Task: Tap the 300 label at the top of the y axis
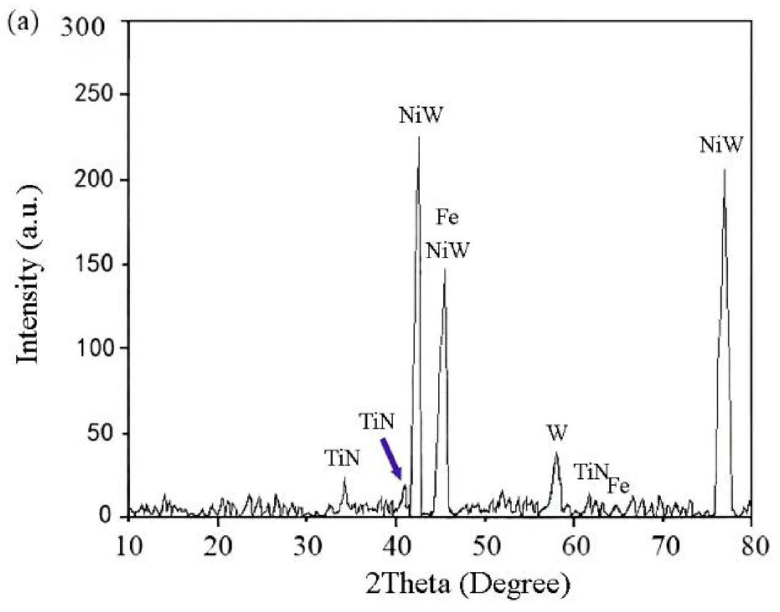click(x=82, y=28)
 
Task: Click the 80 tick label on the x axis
click(x=751, y=546)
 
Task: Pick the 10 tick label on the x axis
click(x=129, y=546)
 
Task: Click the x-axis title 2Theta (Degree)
click(x=468, y=585)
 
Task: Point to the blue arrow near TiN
click(x=391, y=459)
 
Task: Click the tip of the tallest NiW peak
click(x=419, y=137)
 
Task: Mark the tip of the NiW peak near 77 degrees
click(x=724, y=170)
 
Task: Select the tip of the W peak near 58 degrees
click(x=556, y=453)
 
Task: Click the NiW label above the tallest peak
click(x=421, y=115)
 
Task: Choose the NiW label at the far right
click(x=721, y=145)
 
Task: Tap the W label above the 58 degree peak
click(x=557, y=433)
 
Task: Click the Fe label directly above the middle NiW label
click(x=448, y=218)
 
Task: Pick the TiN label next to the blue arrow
click(x=377, y=422)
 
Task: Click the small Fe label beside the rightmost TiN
click(x=618, y=486)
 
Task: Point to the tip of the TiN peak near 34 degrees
click(x=344, y=478)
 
